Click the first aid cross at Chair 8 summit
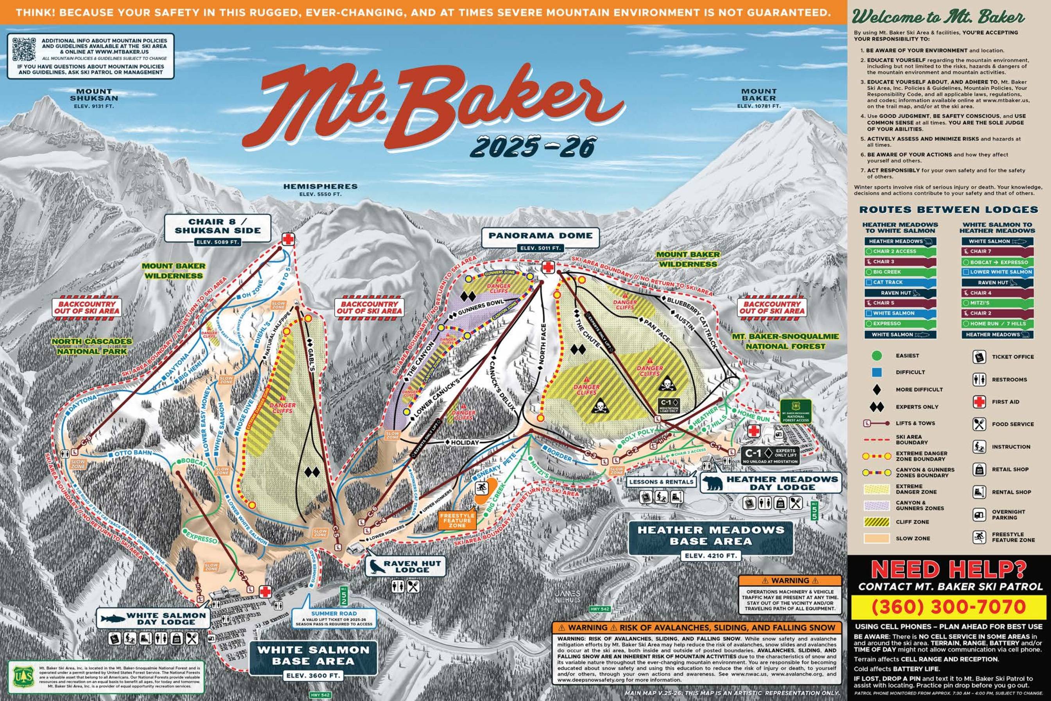pyautogui.click(x=289, y=239)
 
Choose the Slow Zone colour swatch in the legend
pyautogui.click(x=877, y=538)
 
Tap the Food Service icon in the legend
pyautogui.click(x=979, y=424)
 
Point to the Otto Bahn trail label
pyautogui.click(x=130, y=453)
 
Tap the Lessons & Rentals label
pyautogui.click(x=661, y=482)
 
